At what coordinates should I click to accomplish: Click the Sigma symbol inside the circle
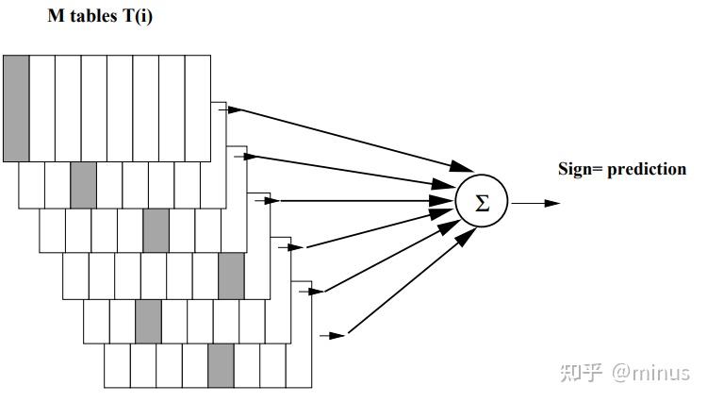[482, 203]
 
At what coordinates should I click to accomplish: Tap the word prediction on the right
[647, 170]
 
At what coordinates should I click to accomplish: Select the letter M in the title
[55, 17]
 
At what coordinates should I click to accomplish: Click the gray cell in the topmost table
[16, 108]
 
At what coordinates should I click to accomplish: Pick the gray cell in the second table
[84, 184]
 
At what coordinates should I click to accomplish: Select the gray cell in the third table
[156, 231]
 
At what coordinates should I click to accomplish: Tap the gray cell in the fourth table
[231, 276]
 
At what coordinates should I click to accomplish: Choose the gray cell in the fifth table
[148, 321]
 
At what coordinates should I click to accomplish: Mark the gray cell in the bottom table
[220, 365]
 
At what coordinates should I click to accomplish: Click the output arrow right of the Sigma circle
[537, 203]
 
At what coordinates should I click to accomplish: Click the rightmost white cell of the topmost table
[197, 108]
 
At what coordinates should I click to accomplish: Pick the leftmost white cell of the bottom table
[117, 365]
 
